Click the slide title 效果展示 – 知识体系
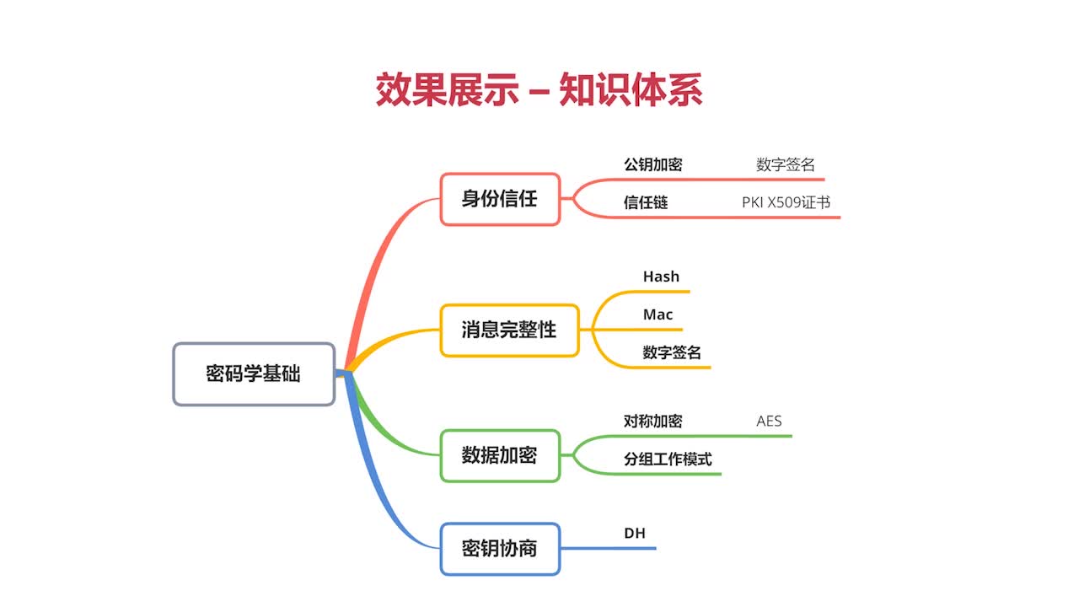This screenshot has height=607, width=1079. pyautogui.click(x=539, y=89)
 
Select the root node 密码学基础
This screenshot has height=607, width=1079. pyautogui.click(x=254, y=373)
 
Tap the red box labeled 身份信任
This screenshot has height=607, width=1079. pyautogui.click(x=500, y=199)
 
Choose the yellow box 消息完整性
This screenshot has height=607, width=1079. pyautogui.click(x=509, y=330)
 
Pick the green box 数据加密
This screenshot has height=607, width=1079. pyautogui.click(x=500, y=455)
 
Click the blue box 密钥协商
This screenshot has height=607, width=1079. pyautogui.click(x=500, y=549)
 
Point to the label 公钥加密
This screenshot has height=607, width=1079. pyautogui.click(x=652, y=164)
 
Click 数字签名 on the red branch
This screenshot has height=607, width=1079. pyautogui.click(x=786, y=164)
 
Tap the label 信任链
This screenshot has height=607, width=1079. pyautogui.click(x=646, y=202)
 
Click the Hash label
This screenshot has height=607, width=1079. pyautogui.click(x=661, y=277)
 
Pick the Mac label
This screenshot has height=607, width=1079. pyautogui.click(x=658, y=314)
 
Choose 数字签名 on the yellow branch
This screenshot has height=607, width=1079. pyautogui.click(x=672, y=352)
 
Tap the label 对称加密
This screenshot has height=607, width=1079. pyautogui.click(x=652, y=421)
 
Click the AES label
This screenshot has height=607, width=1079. pyautogui.click(x=769, y=421)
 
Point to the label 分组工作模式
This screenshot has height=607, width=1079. pyautogui.click(x=668, y=459)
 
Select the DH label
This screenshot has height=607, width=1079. pyautogui.click(x=635, y=533)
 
